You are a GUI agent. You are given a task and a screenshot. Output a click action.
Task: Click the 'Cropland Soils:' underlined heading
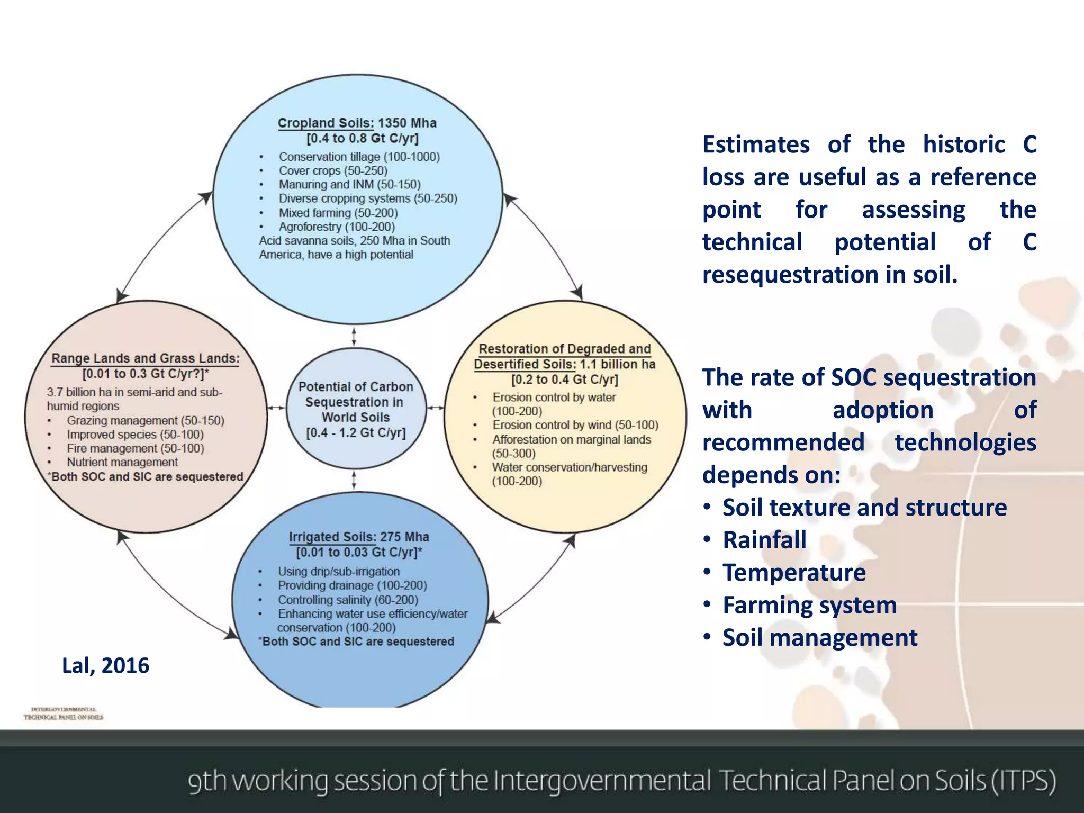click(326, 123)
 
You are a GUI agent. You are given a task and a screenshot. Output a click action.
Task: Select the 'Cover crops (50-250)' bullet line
click(333, 171)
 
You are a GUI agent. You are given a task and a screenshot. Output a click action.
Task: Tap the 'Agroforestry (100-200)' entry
click(337, 227)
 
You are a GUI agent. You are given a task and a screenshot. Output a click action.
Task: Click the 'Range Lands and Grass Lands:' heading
click(145, 359)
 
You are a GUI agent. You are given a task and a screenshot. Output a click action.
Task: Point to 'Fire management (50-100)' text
click(135, 449)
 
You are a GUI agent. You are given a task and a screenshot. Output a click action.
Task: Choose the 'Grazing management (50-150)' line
click(145, 421)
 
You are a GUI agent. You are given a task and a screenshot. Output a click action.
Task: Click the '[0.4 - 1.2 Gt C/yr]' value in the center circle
click(356, 433)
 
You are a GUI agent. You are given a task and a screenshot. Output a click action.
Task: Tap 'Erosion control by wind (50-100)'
click(575, 426)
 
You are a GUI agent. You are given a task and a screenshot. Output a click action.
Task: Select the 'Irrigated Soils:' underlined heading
click(331, 537)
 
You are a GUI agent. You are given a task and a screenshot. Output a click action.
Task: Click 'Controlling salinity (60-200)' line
click(348, 600)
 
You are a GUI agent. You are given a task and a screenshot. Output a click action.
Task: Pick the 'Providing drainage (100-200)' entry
click(352, 586)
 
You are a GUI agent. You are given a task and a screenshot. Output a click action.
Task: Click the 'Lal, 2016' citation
click(105, 666)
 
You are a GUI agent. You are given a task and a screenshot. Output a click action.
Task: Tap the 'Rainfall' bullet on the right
click(764, 540)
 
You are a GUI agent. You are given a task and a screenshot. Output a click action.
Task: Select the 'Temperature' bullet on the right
click(794, 573)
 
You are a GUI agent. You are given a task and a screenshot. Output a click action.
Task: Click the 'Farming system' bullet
click(809, 606)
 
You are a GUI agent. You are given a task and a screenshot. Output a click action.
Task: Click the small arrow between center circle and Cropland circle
click(354, 337)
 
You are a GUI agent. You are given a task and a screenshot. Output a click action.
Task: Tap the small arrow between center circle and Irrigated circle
click(354, 480)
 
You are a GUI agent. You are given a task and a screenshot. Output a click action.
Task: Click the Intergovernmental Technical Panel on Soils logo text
click(64, 713)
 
